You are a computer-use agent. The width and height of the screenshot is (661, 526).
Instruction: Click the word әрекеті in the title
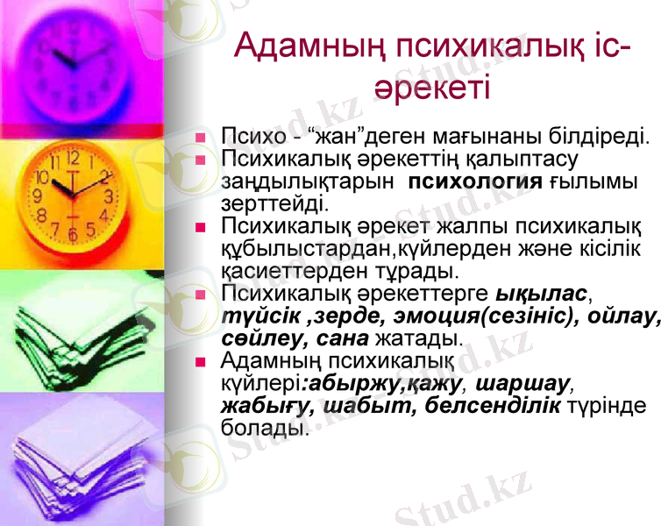pos(430,87)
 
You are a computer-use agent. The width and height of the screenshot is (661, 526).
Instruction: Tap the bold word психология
pos(477,181)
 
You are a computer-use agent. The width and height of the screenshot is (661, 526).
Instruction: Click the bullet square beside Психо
pos(201,138)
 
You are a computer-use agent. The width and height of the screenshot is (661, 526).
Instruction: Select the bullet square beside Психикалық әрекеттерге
pos(201,295)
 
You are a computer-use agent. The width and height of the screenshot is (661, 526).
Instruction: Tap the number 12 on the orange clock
pos(73,160)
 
